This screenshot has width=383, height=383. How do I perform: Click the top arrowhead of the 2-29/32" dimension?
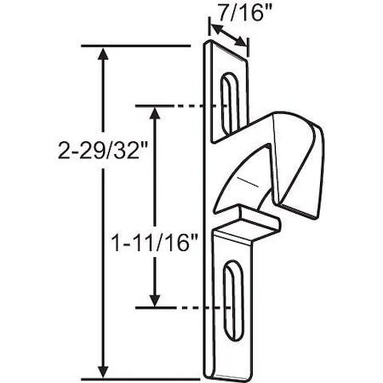click(x=104, y=53)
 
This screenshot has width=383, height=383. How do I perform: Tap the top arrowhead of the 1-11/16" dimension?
click(x=155, y=111)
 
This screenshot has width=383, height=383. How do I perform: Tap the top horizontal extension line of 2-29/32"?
click(x=136, y=45)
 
